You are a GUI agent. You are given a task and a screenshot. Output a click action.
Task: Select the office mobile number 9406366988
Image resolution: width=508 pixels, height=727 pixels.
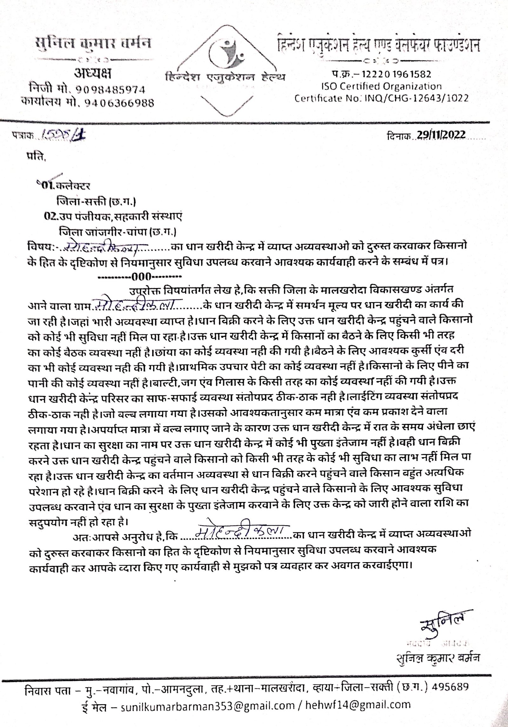(119, 103)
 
